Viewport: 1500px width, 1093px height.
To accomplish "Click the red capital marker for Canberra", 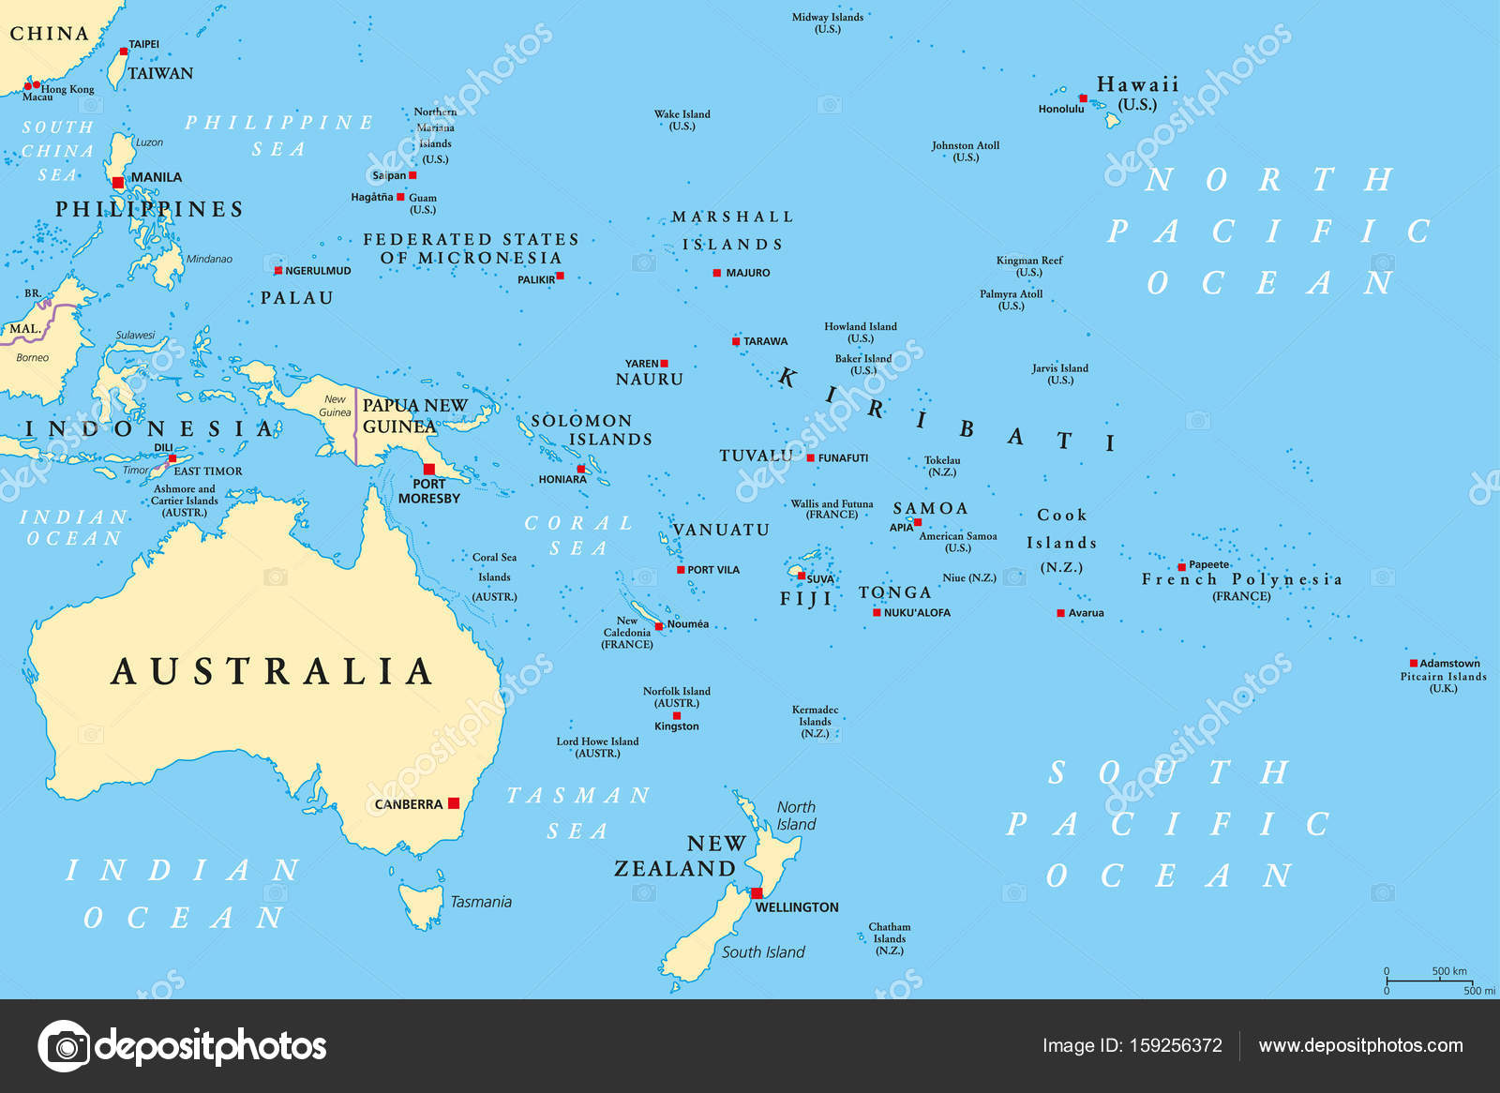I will (454, 803).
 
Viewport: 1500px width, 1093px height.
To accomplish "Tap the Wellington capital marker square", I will (757, 893).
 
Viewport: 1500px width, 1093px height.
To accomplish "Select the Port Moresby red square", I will (429, 469).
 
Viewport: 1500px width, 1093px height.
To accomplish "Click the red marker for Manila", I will (117, 183).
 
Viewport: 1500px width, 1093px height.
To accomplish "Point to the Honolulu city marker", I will (1083, 98).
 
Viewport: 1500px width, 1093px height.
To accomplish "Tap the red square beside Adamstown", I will (1414, 664).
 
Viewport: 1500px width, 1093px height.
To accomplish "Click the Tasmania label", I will (481, 902).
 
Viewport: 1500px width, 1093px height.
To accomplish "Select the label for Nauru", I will (650, 380).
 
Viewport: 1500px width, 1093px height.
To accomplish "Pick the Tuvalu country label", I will (756, 456).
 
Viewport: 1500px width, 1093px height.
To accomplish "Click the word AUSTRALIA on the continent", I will (272, 671).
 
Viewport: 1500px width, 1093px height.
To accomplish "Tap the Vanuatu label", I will (721, 530).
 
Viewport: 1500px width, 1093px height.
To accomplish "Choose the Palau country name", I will (296, 298).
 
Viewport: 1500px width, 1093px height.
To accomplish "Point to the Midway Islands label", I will (827, 22).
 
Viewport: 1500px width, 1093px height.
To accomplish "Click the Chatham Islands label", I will (889, 938).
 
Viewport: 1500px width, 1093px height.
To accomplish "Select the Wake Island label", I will (682, 120).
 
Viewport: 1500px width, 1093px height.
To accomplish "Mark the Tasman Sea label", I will (577, 813).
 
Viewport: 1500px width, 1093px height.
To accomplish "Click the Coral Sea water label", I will (578, 535).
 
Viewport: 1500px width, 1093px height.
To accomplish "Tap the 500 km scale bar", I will (1429, 981).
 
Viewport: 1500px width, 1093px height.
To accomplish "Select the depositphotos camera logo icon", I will (64, 1045).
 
